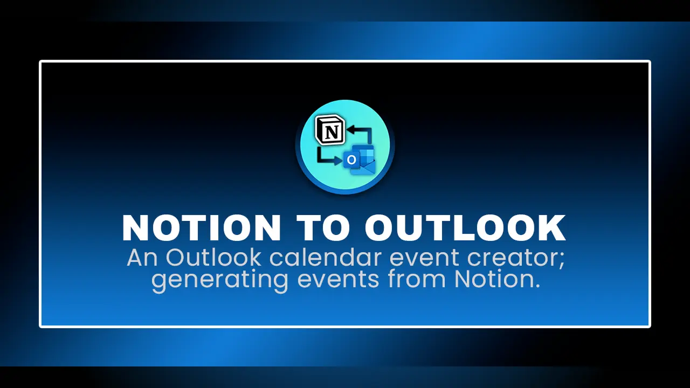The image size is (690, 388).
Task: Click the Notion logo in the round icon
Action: tap(329, 129)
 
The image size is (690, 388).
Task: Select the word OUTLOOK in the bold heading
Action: tap(465, 228)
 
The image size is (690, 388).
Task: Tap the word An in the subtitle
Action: tap(143, 259)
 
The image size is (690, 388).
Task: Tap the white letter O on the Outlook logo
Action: tap(351, 160)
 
